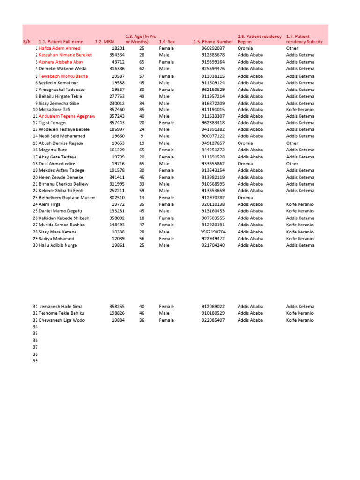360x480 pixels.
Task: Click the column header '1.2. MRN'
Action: click(104, 42)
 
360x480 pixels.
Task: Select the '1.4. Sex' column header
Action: click(166, 42)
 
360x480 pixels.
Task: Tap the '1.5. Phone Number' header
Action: click(213, 42)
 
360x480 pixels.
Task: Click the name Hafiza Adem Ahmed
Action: click(60, 48)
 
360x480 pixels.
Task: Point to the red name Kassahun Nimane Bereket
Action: click(65, 55)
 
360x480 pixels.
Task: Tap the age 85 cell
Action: click(142, 109)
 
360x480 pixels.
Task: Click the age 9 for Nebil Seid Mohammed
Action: click(142, 136)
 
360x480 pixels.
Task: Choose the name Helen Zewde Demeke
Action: click(61, 177)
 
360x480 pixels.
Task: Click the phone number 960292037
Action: click(213, 48)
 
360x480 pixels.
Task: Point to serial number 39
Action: click(35, 361)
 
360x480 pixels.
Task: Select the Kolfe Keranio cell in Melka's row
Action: click(300, 109)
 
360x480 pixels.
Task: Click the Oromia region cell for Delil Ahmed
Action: click(246, 164)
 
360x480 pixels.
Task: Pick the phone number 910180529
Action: click(213, 313)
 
